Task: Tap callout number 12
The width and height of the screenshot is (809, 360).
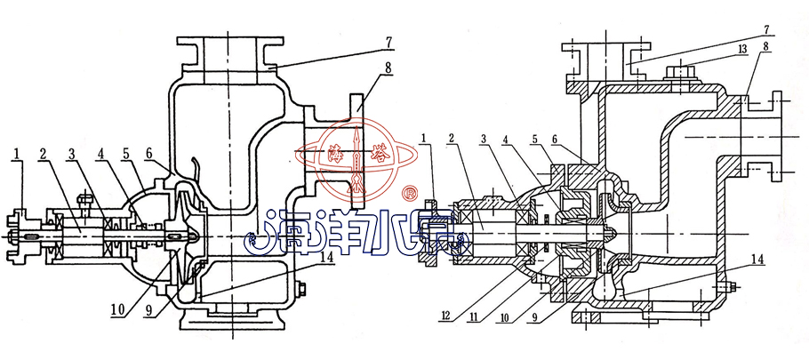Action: tap(446, 316)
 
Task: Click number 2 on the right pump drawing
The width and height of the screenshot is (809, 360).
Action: tap(452, 138)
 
